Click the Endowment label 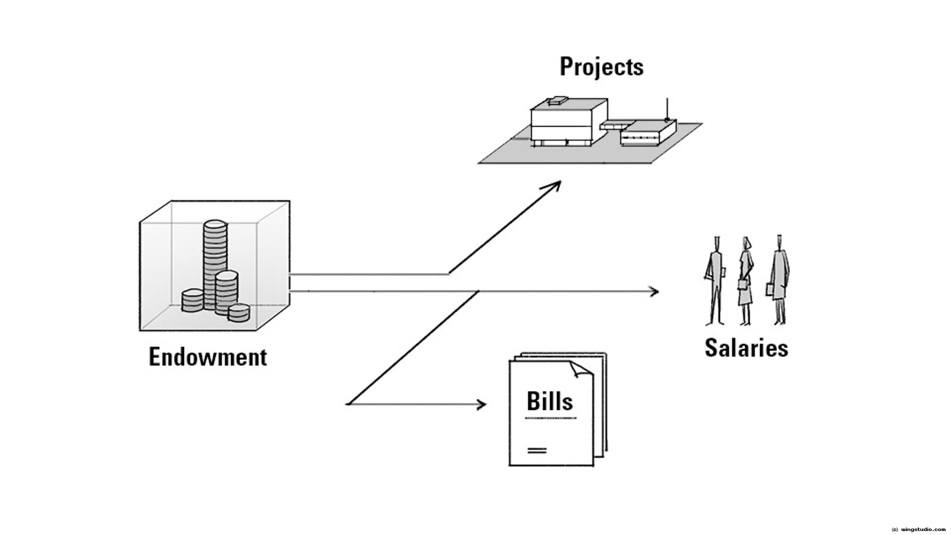(x=208, y=357)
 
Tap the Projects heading (x=601, y=67)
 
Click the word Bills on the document (x=549, y=401)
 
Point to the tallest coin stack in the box (x=215, y=263)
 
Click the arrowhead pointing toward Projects (x=555, y=185)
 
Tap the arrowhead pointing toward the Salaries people (x=654, y=291)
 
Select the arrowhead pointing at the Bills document (x=481, y=405)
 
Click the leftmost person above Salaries (x=715, y=280)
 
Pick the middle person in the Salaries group (x=745, y=280)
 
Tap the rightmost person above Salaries (x=779, y=280)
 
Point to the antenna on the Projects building (x=667, y=109)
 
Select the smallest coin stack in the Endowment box (x=239, y=313)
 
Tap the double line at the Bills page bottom (x=537, y=450)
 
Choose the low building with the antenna (x=648, y=133)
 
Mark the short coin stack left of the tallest (x=192, y=300)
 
